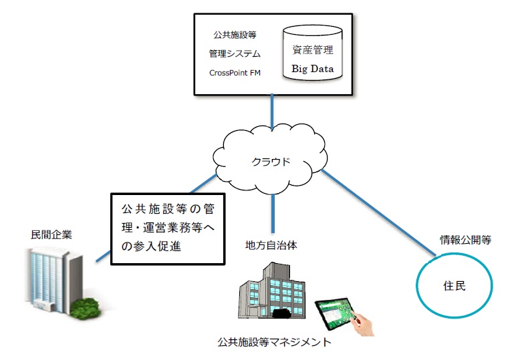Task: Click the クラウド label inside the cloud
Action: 271,162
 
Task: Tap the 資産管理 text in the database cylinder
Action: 313,50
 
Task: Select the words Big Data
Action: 313,69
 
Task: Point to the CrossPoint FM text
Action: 235,73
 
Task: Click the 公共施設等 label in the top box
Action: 235,35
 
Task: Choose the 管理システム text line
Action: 235,53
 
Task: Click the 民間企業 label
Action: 51,235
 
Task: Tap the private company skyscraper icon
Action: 55,280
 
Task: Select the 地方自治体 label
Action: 271,246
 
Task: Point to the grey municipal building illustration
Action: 272,290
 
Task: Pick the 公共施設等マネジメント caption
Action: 274,342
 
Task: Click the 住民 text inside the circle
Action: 454,286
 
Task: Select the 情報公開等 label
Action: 465,240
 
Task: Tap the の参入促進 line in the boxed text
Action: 151,246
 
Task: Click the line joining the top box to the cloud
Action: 272,112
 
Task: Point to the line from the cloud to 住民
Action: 378,212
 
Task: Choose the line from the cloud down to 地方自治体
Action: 273,213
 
